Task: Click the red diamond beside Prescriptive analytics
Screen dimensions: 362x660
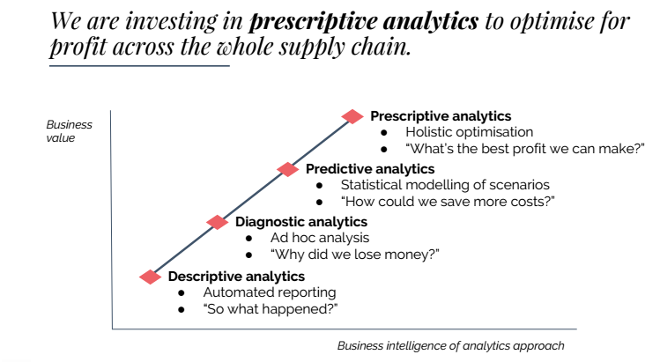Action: pos(352,116)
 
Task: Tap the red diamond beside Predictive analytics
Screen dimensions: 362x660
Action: pos(287,169)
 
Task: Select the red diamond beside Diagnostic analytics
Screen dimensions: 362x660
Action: pos(218,222)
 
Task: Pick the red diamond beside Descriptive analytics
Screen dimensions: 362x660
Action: pos(152,277)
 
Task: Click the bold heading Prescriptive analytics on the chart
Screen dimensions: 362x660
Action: pos(441,116)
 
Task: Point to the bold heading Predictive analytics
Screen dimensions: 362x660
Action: pos(370,169)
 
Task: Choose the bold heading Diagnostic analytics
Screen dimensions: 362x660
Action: pos(301,222)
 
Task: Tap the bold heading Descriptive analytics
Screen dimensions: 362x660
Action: pos(236,277)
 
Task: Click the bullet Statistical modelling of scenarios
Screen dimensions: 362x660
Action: pos(445,185)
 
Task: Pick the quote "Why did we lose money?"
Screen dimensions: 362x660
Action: pos(355,255)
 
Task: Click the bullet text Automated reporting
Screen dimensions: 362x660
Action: pos(270,292)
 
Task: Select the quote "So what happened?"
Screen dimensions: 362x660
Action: pos(271,308)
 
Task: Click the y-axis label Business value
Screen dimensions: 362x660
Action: pos(69,131)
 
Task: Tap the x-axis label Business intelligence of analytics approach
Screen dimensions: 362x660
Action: pos(450,345)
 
